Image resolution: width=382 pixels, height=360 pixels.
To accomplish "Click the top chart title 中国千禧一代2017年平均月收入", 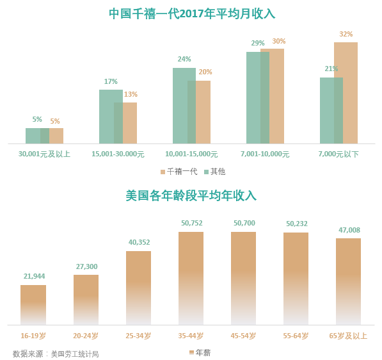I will pyautogui.click(x=191, y=13).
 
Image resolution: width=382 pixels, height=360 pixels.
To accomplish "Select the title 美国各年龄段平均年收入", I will pyautogui.click(x=191, y=195).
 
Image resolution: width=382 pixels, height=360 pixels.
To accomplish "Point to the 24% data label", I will pyautogui.click(x=184, y=59).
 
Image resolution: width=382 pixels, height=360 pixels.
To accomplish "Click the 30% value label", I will pyautogui.click(x=279, y=41).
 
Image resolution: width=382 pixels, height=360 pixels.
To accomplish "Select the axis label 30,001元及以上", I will pyautogui.click(x=44, y=154).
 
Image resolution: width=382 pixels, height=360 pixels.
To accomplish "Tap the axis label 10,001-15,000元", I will pyautogui.click(x=191, y=154).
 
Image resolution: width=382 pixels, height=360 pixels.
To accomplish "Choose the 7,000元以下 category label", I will pyautogui.click(x=338, y=154).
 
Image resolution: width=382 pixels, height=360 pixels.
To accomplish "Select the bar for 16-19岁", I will pyautogui.click(x=33, y=305).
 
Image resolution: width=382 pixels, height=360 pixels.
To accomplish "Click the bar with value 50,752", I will pyautogui.click(x=191, y=278).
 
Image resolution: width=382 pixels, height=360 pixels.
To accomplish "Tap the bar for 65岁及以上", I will pyautogui.click(x=348, y=281).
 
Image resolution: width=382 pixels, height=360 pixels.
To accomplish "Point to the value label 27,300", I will pyautogui.click(x=86, y=266).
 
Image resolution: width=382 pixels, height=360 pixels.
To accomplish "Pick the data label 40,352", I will pyautogui.click(x=139, y=242).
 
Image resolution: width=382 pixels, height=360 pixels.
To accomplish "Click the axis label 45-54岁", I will pyautogui.click(x=243, y=336).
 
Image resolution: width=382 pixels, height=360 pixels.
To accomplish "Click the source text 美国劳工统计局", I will pyautogui.click(x=75, y=354).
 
